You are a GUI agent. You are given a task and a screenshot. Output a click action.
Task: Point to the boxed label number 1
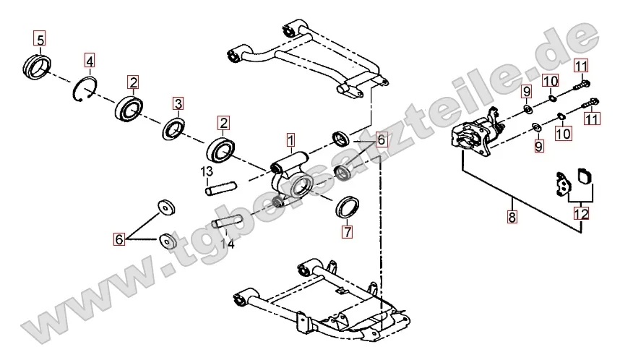tap(290, 137)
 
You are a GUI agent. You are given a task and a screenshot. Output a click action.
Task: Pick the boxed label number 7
tap(348, 232)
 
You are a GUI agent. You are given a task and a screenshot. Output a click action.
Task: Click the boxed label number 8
tap(512, 216)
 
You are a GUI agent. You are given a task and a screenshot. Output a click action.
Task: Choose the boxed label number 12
tap(581, 213)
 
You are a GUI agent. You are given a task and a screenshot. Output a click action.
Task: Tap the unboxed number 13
tap(207, 171)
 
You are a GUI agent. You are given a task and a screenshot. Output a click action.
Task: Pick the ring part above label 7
tap(350, 206)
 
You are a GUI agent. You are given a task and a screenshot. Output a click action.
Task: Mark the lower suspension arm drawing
tap(318, 300)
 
